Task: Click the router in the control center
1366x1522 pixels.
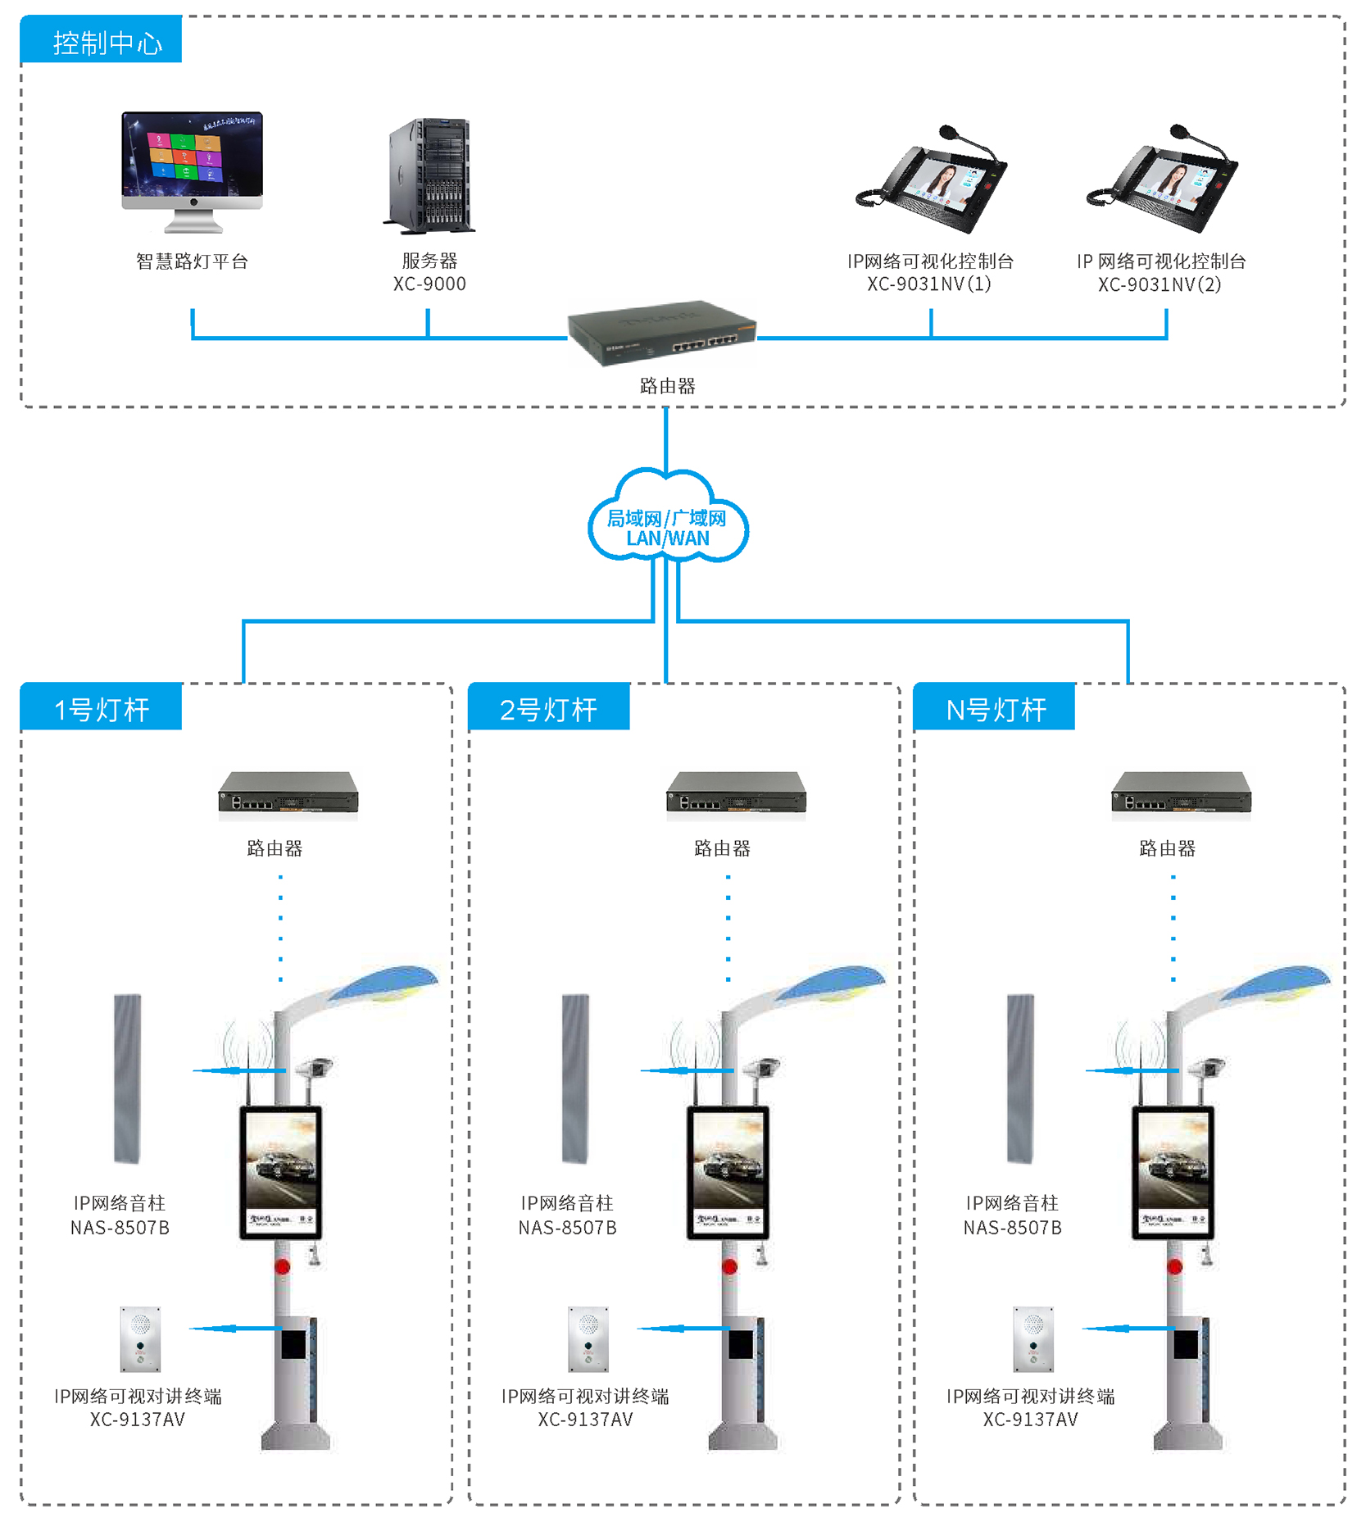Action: click(662, 331)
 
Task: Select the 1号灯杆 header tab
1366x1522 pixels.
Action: click(101, 708)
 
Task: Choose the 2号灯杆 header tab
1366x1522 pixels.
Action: click(548, 708)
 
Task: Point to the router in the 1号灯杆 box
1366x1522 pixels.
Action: click(288, 794)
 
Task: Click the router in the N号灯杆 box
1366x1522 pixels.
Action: click(1181, 794)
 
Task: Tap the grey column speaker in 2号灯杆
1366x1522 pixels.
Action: click(575, 1078)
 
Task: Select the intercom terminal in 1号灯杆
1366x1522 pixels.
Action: click(140, 1338)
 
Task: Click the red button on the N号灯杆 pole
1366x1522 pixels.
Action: click(1174, 1266)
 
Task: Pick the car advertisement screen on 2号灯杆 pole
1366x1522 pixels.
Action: click(728, 1171)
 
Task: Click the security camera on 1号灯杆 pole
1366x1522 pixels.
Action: click(315, 1067)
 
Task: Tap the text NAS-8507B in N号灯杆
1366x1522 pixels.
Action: click(1012, 1228)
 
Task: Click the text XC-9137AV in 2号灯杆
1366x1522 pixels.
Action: click(585, 1420)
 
